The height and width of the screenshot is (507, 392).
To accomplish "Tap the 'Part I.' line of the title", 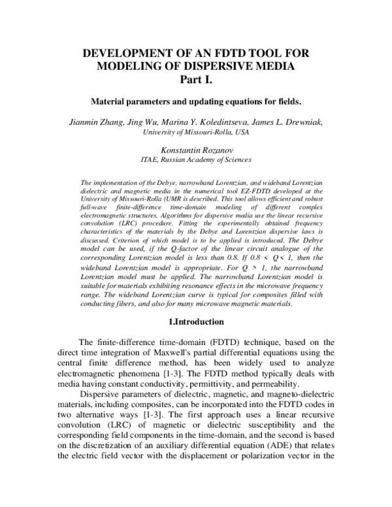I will (196, 80).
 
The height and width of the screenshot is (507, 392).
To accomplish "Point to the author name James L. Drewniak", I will (295, 122).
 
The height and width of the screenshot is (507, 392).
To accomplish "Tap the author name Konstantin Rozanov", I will (195, 150).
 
